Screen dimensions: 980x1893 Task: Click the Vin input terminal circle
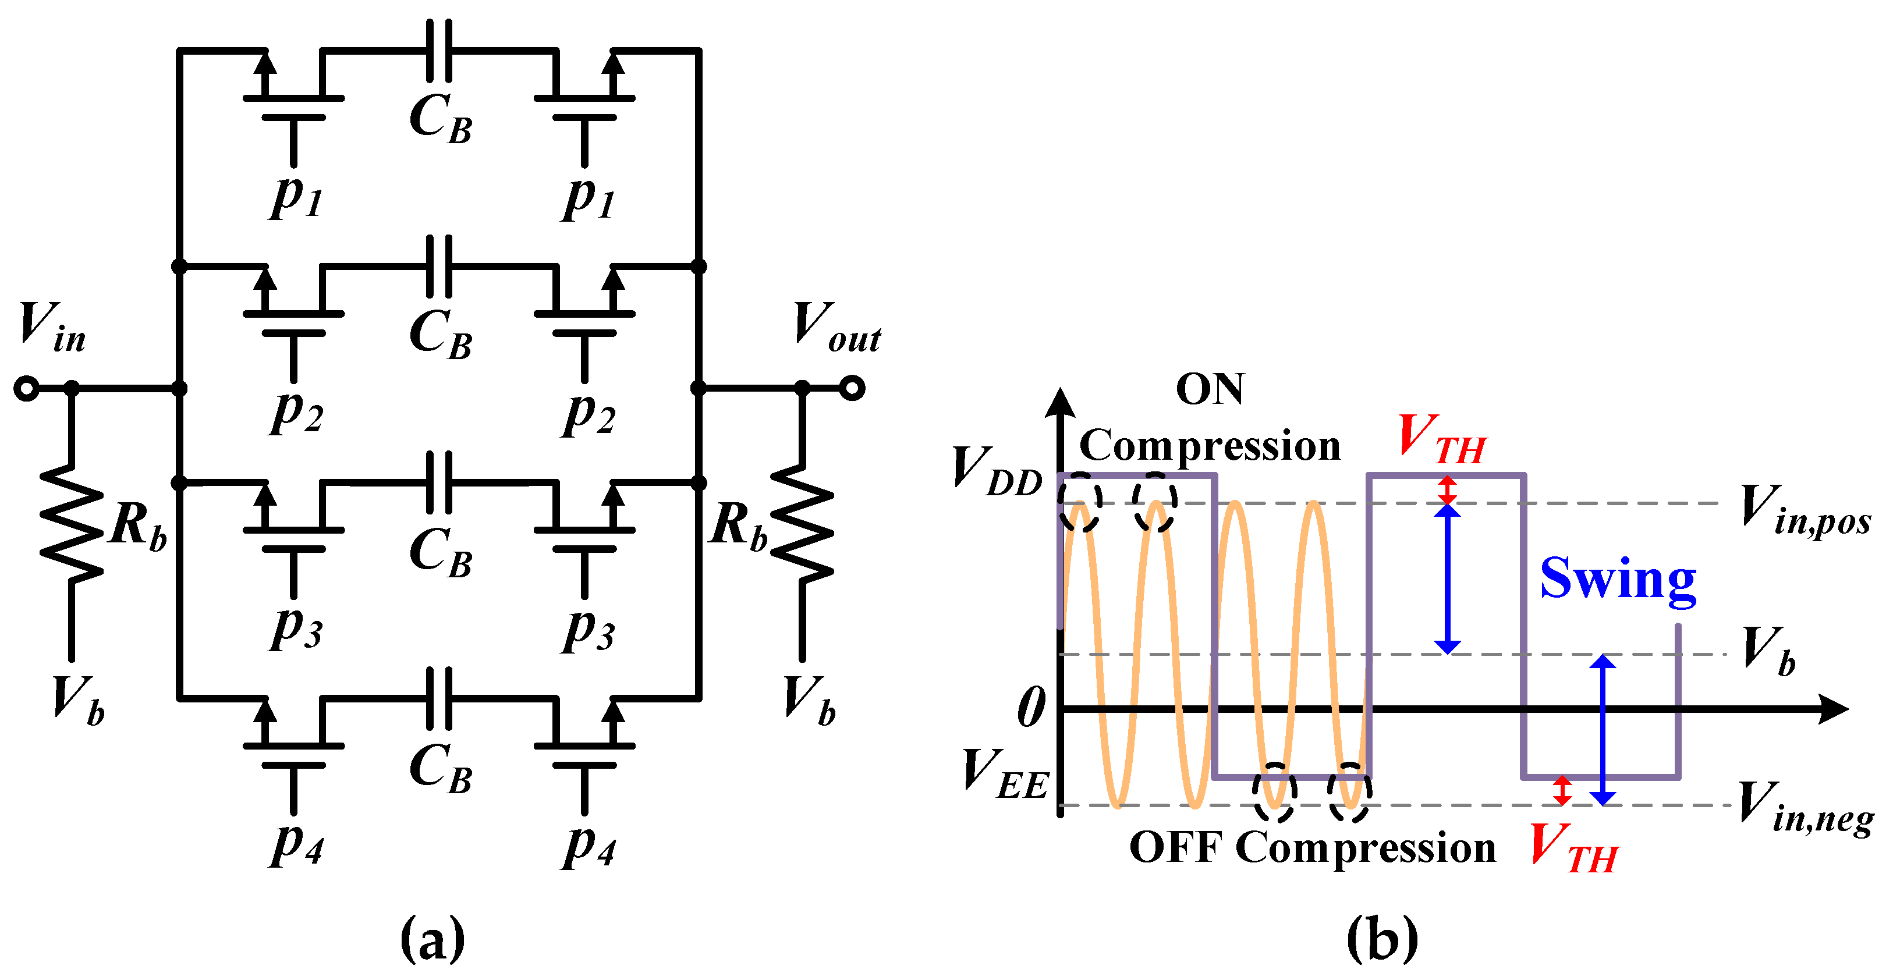[26, 388]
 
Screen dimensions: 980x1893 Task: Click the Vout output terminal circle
[852, 388]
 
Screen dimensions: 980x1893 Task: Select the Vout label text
[836, 328]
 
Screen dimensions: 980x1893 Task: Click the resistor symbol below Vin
[71, 523]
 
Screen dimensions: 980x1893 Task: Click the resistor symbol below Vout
[803, 523]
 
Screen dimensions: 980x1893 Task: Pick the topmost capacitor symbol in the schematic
[439, 50]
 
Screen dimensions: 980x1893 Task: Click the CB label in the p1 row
[440, 120]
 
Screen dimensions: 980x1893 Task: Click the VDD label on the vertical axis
[997, 471]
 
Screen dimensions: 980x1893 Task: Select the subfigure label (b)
[1381, 939]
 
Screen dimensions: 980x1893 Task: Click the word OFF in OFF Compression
[1175, 848]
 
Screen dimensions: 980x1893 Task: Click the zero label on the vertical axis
[1031, 708]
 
